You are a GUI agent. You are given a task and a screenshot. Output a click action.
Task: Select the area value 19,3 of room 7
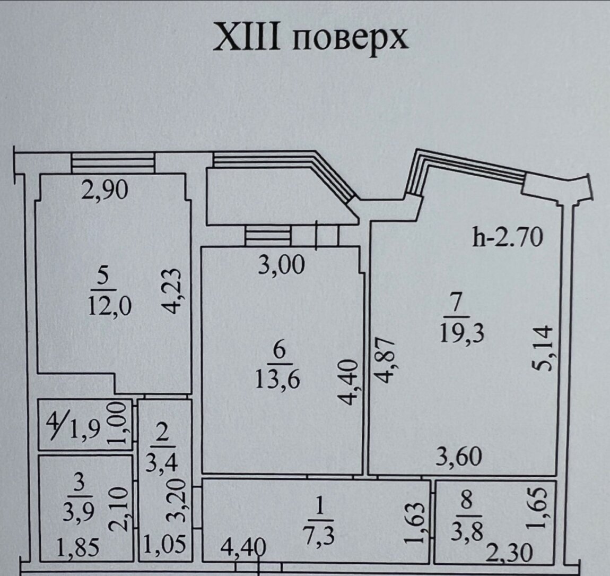point(462,334)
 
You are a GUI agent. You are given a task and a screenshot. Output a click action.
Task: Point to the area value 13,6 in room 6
point(278,379)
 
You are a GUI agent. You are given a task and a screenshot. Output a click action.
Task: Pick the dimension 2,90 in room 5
point(104,191)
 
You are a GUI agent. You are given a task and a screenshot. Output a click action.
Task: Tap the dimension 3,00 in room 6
point(282,265)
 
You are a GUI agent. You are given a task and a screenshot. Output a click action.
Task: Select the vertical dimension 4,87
point(387,361)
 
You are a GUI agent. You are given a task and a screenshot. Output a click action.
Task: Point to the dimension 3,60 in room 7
point(459,457)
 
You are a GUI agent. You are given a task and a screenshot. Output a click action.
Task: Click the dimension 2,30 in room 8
point(509,553)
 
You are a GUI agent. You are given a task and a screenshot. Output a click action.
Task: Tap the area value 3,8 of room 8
point(467,531)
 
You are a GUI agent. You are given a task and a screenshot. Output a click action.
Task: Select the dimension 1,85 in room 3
point(78,547)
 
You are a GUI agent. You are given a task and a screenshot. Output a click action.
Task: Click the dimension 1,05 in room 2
point(164,544)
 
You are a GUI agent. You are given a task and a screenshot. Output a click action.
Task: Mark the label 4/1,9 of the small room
point(73,426)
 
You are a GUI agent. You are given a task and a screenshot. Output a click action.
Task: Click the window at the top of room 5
point(113,163)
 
